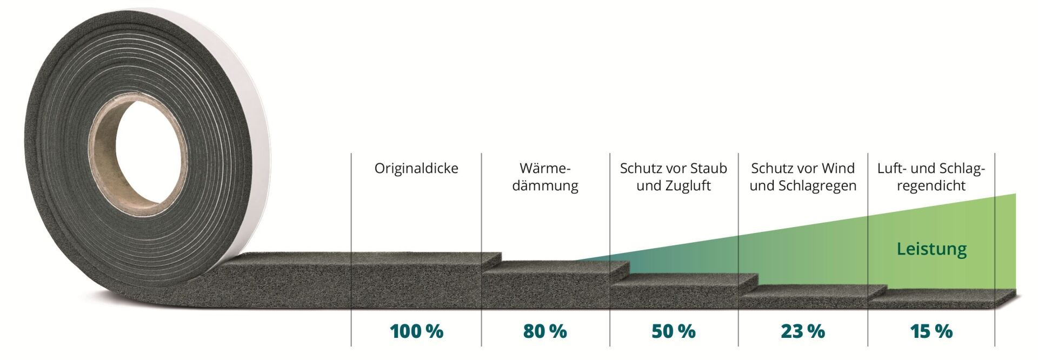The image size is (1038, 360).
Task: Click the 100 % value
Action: click(416, 331)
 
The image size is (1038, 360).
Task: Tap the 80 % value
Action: click(545, 331)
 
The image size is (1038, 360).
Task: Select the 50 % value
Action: click(674, 331)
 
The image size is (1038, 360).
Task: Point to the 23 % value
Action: click(803, 331)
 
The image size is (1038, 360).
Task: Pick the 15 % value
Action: click(931, 331)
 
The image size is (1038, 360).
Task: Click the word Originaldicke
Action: click(416, 169)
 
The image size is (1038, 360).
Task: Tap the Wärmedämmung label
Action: click(545, 177)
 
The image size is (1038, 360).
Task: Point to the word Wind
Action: click(839, 169)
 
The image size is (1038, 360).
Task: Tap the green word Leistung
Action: click(931, 249)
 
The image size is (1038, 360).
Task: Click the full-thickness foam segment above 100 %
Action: click(416, 284)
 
